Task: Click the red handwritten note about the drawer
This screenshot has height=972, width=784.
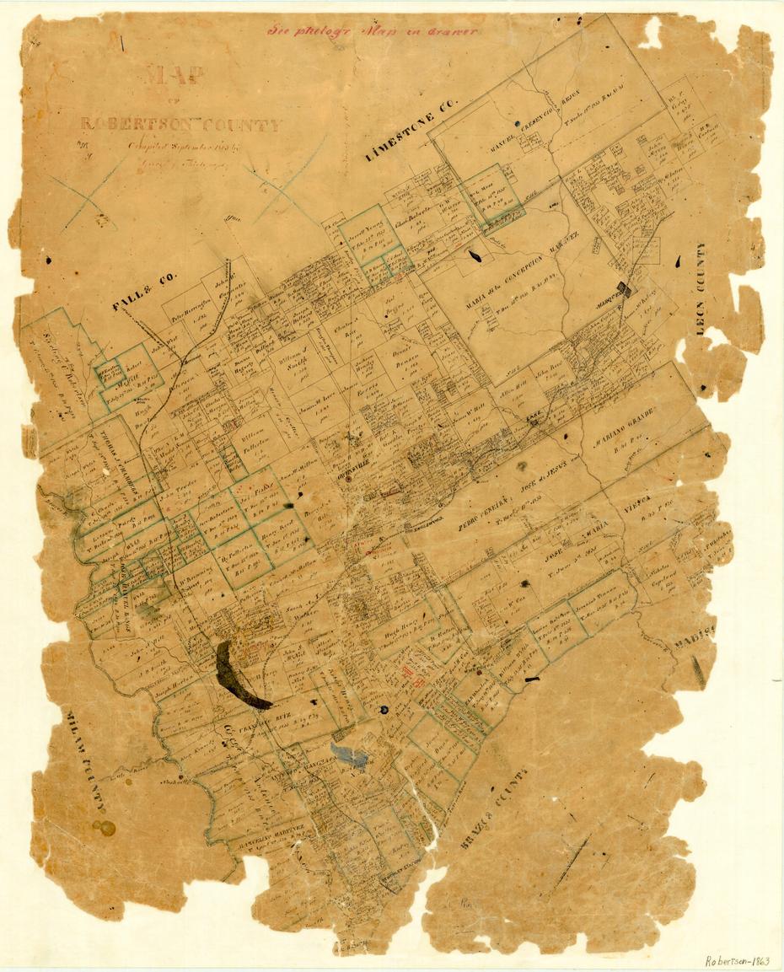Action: point(373,31)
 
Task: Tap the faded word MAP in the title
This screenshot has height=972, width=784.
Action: point(175,75)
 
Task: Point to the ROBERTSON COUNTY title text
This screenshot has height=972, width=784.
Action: point(180,126)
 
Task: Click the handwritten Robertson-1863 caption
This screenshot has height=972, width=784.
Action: point(738,960)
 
